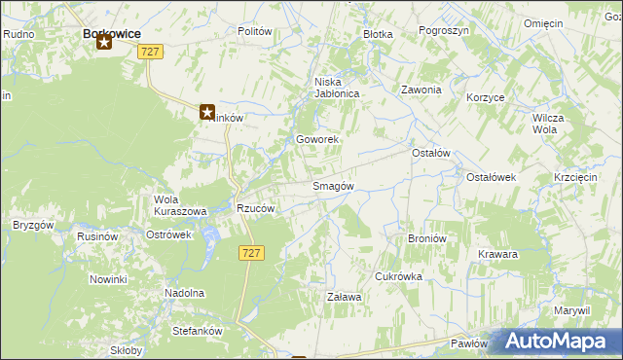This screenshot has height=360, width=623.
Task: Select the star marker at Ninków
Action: coord(207,113)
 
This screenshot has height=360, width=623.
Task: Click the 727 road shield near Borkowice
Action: coord(149,52)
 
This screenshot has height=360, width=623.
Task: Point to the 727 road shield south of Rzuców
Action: coord(248,252)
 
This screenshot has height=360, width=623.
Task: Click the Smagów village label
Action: coord(332,186)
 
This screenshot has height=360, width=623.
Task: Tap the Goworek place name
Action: coord(317,140)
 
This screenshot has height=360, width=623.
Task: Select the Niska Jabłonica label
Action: coord(337,89)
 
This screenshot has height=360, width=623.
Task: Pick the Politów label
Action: coord(254,31)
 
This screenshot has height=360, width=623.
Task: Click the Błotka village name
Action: coord(378,34)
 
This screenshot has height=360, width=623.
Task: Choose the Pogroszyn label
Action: coord(444,31)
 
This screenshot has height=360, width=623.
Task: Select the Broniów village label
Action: coord(426,237)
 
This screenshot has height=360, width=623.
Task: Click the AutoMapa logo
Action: coord(558,342)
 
